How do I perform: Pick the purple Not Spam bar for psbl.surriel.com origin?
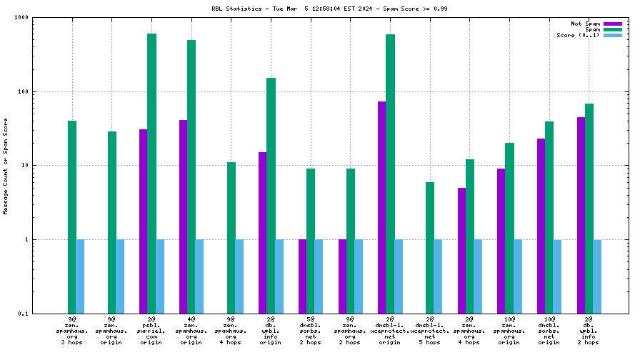[x=144, y=221]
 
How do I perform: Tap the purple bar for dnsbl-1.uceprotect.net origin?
[x=382, y=207]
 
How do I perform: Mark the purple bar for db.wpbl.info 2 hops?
[x=581, y=215]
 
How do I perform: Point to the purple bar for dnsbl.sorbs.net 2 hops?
[x=303, y=276]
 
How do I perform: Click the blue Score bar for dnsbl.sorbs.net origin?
[x=557, y=276]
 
